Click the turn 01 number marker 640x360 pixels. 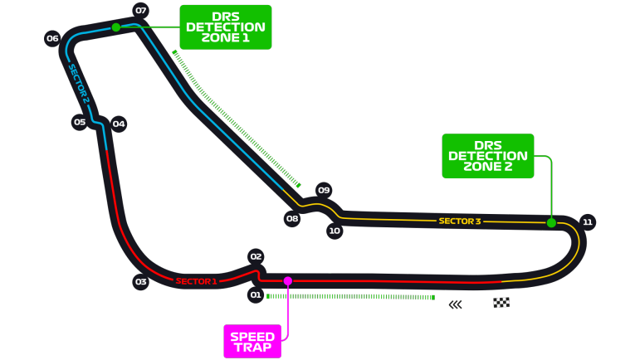[256, 295]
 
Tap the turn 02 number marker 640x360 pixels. [256, 257]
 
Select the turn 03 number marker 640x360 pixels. [141, 282]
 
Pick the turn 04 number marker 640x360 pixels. [119, 124]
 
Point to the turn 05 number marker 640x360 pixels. [80, 122]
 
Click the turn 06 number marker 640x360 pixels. [52, 38]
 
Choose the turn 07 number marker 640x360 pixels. [140, 11]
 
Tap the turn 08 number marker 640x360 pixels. [292, 219]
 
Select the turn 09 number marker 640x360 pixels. [324, 190]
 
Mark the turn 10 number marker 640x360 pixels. [335, 231]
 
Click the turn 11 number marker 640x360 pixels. [588, 222]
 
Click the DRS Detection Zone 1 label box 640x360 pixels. [226, 27]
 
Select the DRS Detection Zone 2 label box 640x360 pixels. [488, 156]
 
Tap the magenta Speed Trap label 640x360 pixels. [252, 342]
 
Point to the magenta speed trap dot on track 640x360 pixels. [288, 280]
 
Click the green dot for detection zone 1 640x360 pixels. [116, 27]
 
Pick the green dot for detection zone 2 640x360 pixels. [551, 222]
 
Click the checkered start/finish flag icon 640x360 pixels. [501, 303]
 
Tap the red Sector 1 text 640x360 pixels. [196, 281]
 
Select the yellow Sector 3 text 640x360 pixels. [460, 221]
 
